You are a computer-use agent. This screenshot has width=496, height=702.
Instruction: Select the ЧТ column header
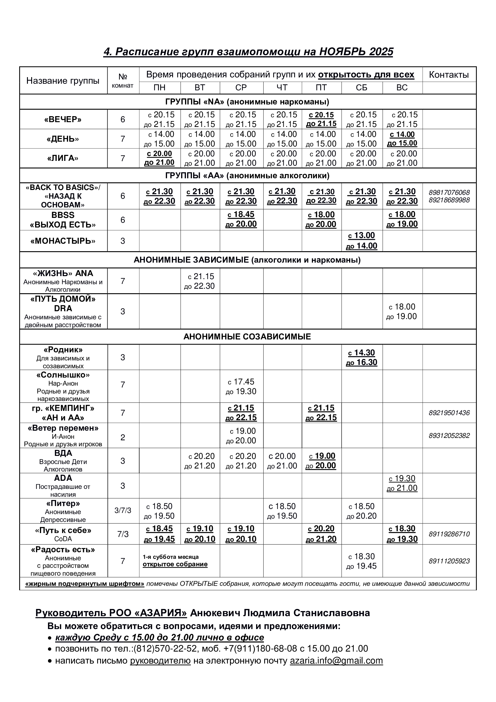(282, 88)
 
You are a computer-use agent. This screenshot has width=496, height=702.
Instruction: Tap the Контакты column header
(449, 75)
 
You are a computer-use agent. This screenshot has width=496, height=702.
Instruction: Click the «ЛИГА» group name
(63, 158)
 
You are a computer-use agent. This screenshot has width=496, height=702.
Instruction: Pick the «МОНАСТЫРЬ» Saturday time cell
(362, 241)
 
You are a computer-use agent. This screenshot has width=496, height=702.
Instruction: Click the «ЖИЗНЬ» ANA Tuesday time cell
(200, 281)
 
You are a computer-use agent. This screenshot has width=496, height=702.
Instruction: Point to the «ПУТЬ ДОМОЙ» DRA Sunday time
(402, 311)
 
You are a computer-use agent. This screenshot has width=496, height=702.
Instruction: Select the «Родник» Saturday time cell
(362, 357)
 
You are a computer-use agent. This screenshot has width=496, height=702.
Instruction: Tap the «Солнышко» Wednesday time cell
(241, 387)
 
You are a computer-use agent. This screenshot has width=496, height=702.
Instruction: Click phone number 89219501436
(449, 413)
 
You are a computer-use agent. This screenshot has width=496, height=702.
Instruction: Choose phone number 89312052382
(449, 435)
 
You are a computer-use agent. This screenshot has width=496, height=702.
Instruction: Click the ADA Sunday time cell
(402, 483)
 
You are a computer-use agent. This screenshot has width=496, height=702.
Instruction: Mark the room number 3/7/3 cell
(123, 510)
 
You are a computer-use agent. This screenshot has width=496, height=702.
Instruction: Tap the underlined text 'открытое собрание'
(175, 564)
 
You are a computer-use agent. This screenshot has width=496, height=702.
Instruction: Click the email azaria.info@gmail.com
(336, 660)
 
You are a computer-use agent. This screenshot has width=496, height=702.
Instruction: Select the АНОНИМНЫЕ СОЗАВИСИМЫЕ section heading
(247, 337)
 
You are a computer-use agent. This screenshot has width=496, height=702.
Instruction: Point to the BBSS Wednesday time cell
(241, 219)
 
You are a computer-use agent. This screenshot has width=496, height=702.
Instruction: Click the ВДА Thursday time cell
(282, 461)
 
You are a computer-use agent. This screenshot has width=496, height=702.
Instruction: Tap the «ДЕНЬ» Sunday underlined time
(402, 139)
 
